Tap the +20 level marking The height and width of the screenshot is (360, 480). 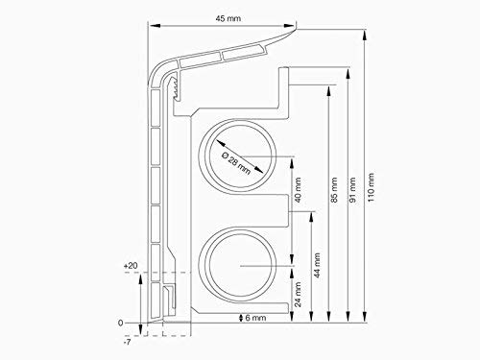[x=132, y=264]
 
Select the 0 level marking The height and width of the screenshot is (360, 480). [x=120, y=323]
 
